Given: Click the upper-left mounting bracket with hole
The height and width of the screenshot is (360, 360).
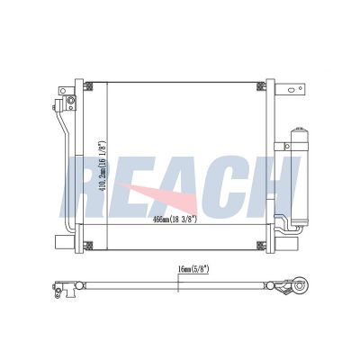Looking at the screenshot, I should pyautogui.click(x=63, y=92).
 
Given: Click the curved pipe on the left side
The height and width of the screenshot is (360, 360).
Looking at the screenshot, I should pyautogui.click(x=65, y=162).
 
